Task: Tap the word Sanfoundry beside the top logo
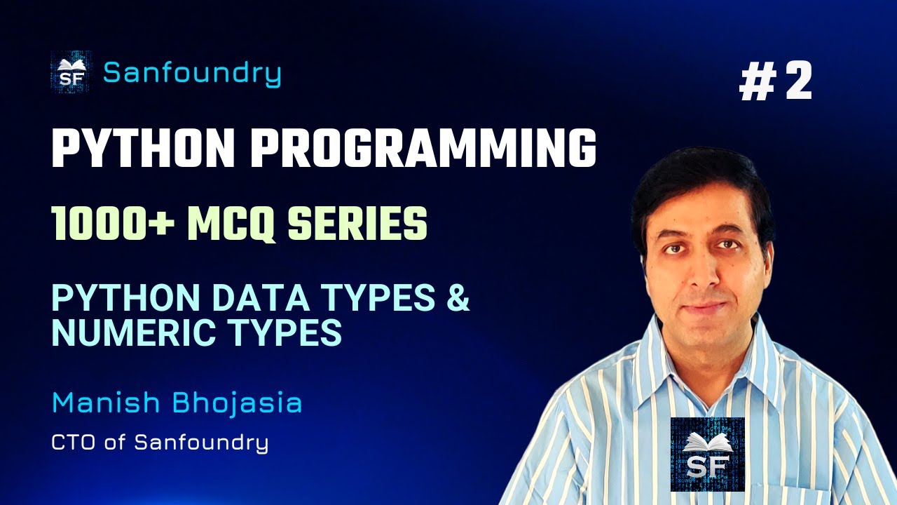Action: (192, 73)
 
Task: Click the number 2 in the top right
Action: (797, 81)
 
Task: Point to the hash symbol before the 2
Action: (755, 82)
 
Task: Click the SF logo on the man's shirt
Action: (707, 454)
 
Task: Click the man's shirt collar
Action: (655, 351)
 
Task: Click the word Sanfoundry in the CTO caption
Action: (200, 443)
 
